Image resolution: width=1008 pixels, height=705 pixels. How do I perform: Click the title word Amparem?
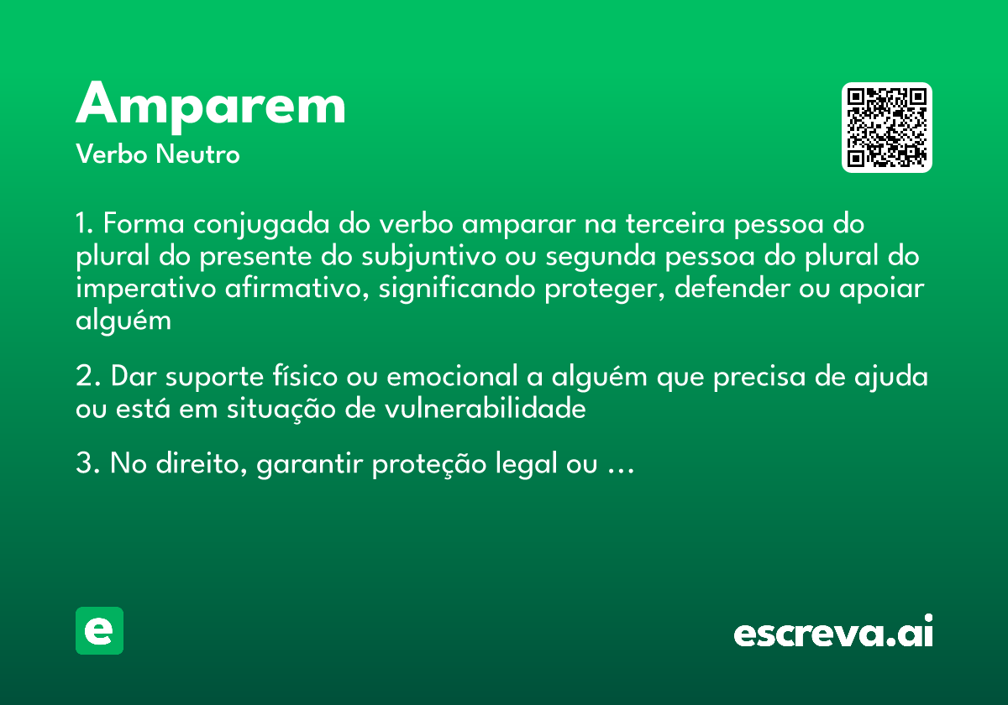(x=211, y=107)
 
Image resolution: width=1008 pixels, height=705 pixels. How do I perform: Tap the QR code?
(x=887, y=128)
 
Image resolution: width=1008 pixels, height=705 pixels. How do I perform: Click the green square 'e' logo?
(x=99, y=630)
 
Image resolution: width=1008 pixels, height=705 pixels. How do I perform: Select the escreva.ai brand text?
(x=833, y=632)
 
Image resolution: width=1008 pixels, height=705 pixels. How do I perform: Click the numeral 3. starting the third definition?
(x=88, y=464)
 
